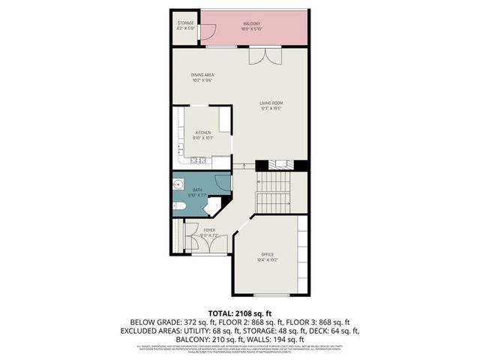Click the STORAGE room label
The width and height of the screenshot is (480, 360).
pyautogui.click(x=186, y=23)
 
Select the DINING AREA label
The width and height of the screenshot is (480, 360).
pyautogui.click(x=203, y=75)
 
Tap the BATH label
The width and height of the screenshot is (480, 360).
pyautogui.click(x=196, y=190)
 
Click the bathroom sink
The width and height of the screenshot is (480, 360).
pyautogui.click(x=178, y=184)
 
